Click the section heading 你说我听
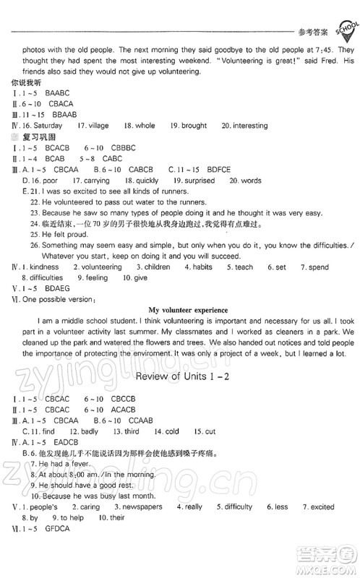coord(21,84)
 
